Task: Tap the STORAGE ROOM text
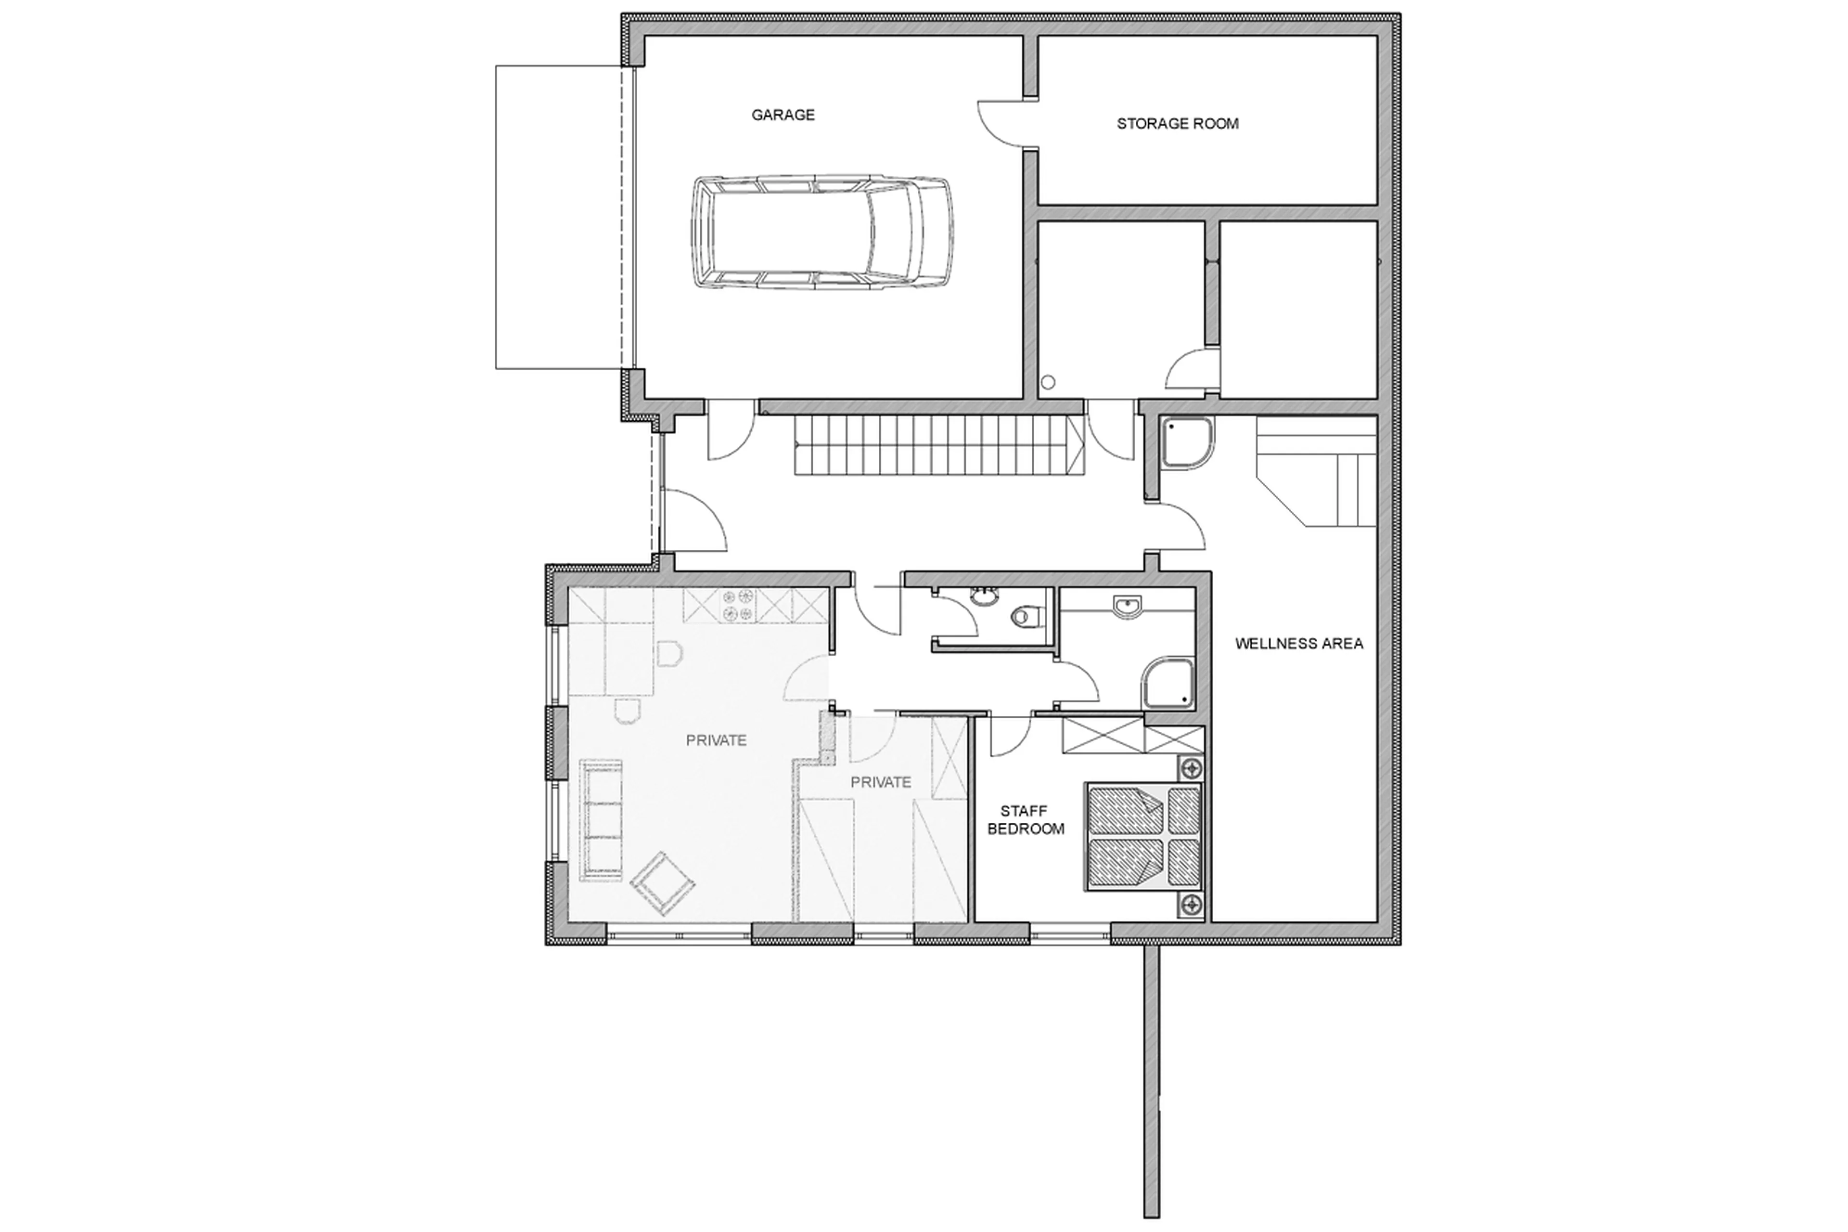1177,123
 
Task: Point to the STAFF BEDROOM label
1025,819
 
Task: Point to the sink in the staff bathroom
1127,606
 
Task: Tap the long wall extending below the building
1151,1084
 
